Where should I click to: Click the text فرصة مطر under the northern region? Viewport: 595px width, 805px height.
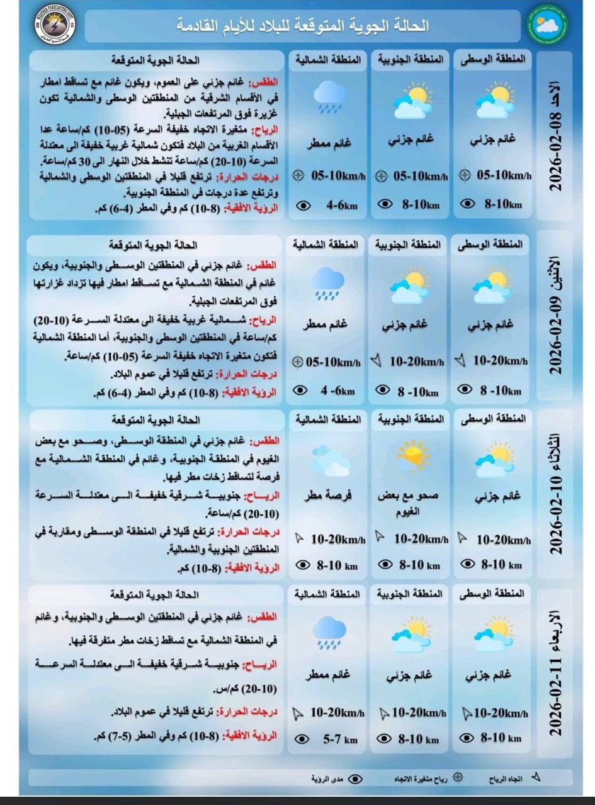[x=327, y=496]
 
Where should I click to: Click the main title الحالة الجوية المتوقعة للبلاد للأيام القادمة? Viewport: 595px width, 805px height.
[x=303, y=26]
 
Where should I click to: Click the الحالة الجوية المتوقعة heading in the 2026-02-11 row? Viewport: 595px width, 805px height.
[x=154, y=594]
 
